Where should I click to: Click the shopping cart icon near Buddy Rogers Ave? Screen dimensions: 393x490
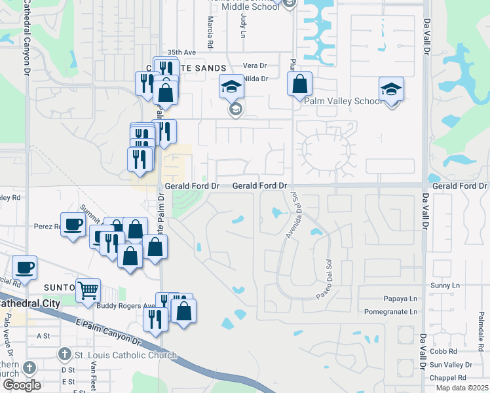[88, 290]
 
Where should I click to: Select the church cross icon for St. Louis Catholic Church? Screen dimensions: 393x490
[64, 355]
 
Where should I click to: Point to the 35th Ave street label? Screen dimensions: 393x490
[181, 52]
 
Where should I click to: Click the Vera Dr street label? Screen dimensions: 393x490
[255, 65]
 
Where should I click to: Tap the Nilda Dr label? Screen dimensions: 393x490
[255, 79]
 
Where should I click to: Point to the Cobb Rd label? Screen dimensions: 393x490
[443, 351]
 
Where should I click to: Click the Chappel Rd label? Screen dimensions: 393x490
[448, 377]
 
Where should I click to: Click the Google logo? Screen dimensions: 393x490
[22, 384]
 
